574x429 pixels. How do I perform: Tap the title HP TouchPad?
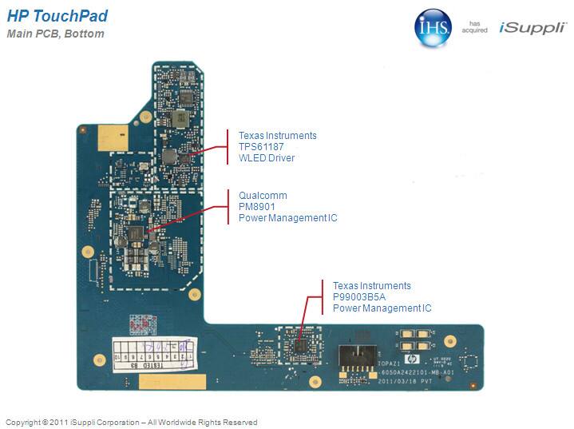pyautogui.click(x=57, y=17)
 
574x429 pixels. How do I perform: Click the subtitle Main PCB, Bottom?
pyautogui.click(x=55, y=34)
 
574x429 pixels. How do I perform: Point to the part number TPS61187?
pyautogui.click(x=261, y=147)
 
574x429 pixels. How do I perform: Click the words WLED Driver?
pyautogui.click(x=267, y=158)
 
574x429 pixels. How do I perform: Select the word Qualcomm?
pyautogui.click(x=263, y=196)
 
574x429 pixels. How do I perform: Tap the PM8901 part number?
pyautogui.click(x=256, y=207)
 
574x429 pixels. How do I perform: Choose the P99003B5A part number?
pyautogui.click(x=360, y=297)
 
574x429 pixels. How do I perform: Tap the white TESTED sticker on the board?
pyautogui.click(x=152, y=352)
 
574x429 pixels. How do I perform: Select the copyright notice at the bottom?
pyautogui.click(x=132, y=422)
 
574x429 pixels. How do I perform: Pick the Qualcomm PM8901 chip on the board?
pyautogui.click(x=135, y=233)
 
